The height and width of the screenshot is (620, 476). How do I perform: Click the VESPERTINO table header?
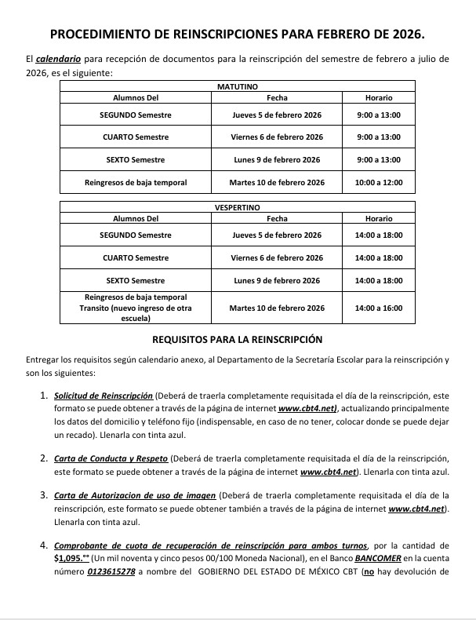[x=237, y=207]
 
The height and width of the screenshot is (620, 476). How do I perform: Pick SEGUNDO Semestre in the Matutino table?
[x=136, y=115]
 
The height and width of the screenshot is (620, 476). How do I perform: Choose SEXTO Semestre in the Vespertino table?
[x=136, y=280]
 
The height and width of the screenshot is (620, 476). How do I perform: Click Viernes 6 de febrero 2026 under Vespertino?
[x=277, y=257]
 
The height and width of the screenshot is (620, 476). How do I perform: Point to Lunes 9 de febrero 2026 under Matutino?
[x=277, y=160]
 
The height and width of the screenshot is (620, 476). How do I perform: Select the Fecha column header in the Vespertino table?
[x=277, y=219]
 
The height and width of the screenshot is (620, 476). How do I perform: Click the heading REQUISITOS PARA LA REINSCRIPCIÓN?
[x=238, y=340]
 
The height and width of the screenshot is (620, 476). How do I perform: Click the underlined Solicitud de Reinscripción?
[x=104, y=397]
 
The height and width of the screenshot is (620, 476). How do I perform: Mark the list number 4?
[x=44, y=545]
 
